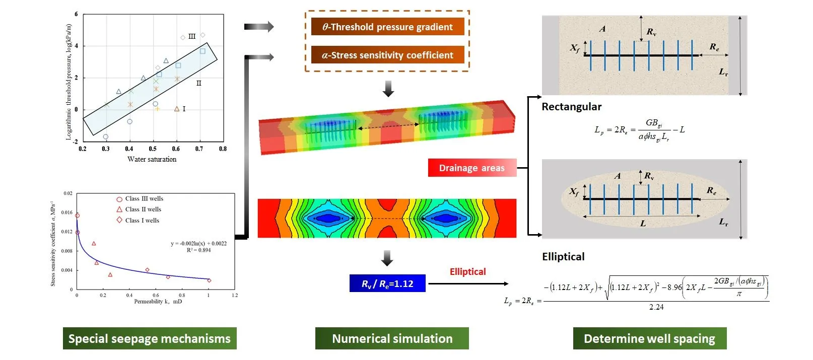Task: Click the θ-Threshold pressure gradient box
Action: point(387,27)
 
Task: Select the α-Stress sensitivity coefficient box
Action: point(387,55)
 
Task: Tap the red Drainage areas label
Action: point(471,168)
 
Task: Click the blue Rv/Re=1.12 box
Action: point(387,283)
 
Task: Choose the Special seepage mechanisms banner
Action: point(150,338)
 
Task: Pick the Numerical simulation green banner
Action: point(392,338)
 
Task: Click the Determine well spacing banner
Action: point(649,338)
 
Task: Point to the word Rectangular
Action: point(571,107)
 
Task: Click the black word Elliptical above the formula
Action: point(563,257)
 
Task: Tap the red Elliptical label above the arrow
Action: point(467,272)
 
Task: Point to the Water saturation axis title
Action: point(152,160)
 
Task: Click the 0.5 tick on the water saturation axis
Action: point(153,149)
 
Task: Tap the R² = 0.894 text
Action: point(198,250)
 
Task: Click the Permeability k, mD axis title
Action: point(158,302)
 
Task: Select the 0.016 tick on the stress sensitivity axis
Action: point(67,212)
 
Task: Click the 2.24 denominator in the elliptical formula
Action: point(656,307)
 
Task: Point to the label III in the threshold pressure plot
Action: point(192,37)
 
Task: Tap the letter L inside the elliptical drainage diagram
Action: point(643,224)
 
